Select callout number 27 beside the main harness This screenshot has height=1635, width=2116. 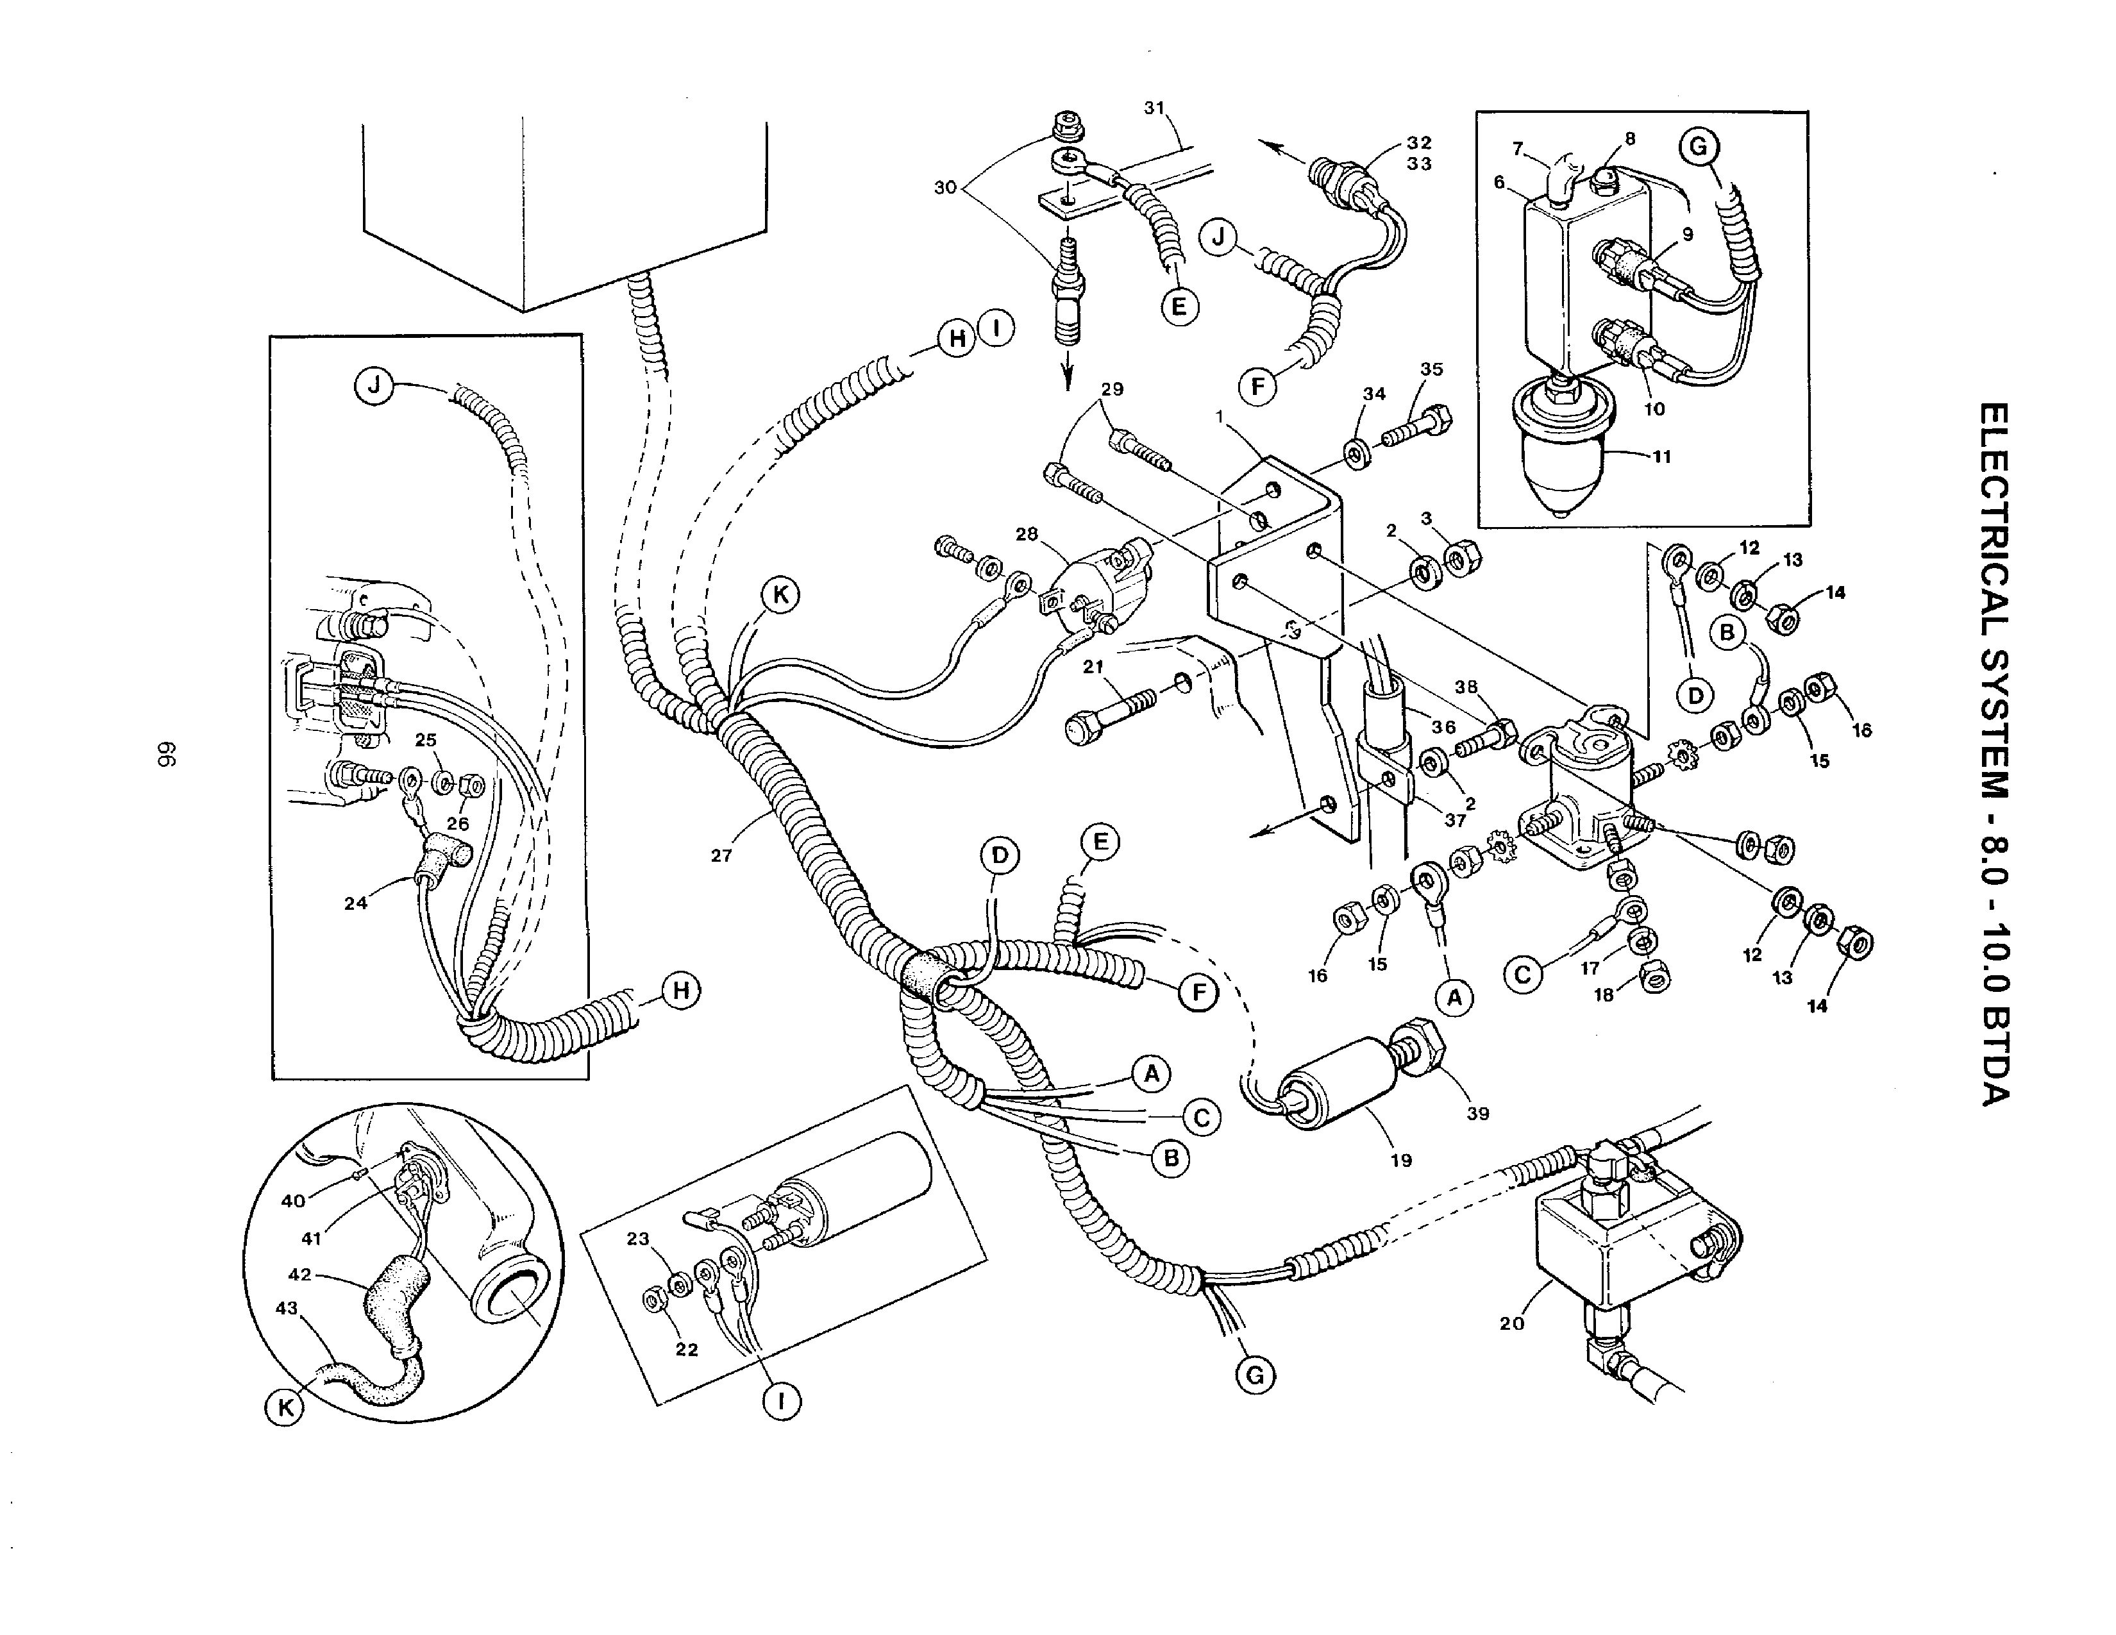[x=721, y=855]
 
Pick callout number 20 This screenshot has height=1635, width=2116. [x=1511, y=1323]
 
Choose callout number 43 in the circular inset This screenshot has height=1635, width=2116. [x=287, y=1307]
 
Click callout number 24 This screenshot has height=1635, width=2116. [x=356, y=903]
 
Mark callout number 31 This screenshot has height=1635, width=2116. [x=1154, y=108]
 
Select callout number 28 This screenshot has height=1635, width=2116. [x=1027, y=533]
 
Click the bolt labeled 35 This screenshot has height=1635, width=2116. [x=1420, y=426]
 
